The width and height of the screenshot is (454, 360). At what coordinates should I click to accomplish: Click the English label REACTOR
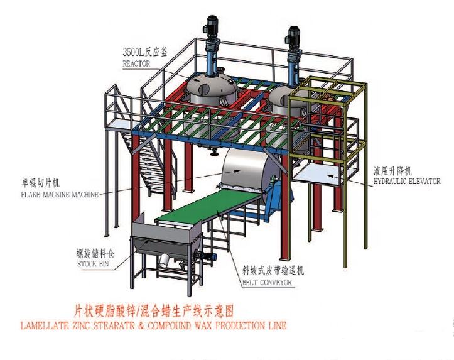(x=136, y=63)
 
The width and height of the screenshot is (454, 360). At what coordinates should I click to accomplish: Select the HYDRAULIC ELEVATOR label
(x=406, y=182)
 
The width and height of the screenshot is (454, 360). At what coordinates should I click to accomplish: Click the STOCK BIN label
(x=93, y=264)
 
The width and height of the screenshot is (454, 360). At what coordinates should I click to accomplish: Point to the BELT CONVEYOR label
(x=267, y=282)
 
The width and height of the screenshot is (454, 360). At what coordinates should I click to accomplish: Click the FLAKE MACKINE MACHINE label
(x=60, y=194)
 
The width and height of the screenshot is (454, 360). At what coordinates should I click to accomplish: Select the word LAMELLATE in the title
(x=43, y=325)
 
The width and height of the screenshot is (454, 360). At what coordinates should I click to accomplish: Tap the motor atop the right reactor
(x=293, y=35)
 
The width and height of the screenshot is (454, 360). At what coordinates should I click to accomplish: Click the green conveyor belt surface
(x=208, y=205)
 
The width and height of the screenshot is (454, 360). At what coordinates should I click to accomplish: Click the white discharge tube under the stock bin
(x=164, y=260)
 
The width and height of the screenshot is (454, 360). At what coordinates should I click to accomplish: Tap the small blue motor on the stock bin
(x=209, y=256)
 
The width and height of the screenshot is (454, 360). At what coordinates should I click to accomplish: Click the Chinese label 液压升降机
(x=392, y=171)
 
